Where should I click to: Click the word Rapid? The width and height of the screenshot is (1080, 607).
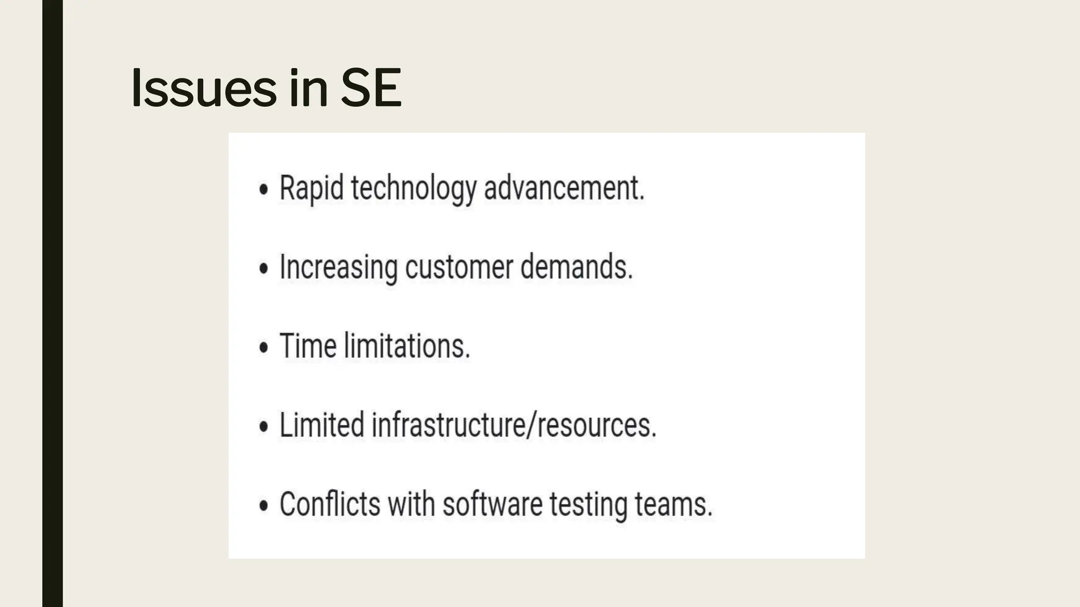tap(311, 188)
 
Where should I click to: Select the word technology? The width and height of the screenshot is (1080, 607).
tap(413, 189)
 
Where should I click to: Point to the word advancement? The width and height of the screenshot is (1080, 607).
tap(564, 188)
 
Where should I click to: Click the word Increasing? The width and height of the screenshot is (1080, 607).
tap(338, 267)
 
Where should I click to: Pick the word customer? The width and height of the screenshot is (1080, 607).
tap(459, 267)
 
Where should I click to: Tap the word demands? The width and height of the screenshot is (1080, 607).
tap(576, 267)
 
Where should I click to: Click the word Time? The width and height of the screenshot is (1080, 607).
tap(308, 346)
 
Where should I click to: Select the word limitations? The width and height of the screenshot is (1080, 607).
tap(407, 346)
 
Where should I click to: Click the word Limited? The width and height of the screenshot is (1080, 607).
tap(322, 425)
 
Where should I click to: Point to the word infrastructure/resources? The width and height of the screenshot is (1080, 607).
tap(514, 425)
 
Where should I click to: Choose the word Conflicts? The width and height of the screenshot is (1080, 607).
tap(330, 504)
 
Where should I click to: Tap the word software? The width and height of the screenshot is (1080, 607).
tap(492, 504)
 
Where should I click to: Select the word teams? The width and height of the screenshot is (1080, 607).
tap(673, 504)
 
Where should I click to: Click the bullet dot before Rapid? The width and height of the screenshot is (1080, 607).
tap(264, 189)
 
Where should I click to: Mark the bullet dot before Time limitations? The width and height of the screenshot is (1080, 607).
tap(264, 347)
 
